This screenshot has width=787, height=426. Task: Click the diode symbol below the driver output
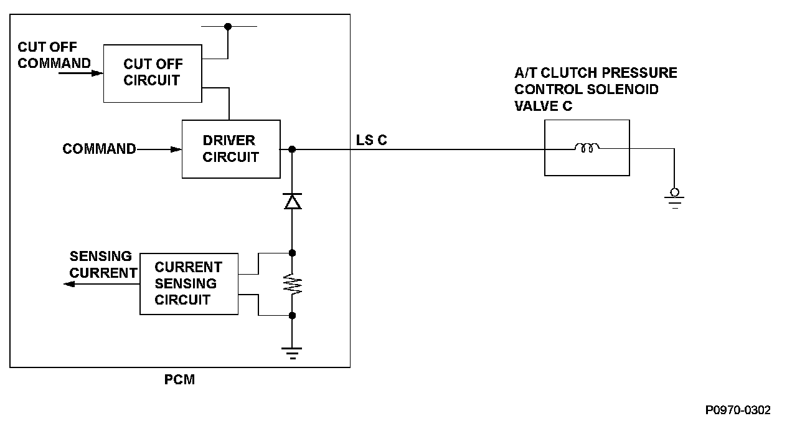pyautogui.click(x=292, y=201)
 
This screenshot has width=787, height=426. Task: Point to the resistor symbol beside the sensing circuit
pyautogui.click(x=292, y=284)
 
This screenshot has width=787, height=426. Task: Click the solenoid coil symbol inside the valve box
pyautogui.click(x=587, y=147)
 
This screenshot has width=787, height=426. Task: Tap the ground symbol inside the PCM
pyautogui.click(x=291, y=353)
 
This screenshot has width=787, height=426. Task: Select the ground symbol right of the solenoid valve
pyautogui.click(x=674, y=199)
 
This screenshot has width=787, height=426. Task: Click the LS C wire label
pyautogui.click(x=371, y=140)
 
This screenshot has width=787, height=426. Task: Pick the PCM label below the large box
pyautogui.click(x=179, y=380)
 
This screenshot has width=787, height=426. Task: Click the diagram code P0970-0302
pyautogui.click(x=738, y=410)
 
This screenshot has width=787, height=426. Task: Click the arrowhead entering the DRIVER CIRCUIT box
pyautogui.click(x=176, y=149)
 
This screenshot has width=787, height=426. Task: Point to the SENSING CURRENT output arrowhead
pyautogui.click(x=69, y=284)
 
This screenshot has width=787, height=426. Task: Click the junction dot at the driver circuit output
pyautogui.click(x=292, y=149)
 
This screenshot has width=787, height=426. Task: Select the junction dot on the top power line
pyautogui.click(x=228, y=26)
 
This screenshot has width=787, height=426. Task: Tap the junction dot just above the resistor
pyautogui.click(x=292, y=253)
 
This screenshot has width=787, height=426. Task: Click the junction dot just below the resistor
pyautogui.click(x=292, y=316)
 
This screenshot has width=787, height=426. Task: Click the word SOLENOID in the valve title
pyautogui.click(x=623, y=89)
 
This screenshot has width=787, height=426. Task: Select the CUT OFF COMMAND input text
pyautogui.click(x=54, y=55)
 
